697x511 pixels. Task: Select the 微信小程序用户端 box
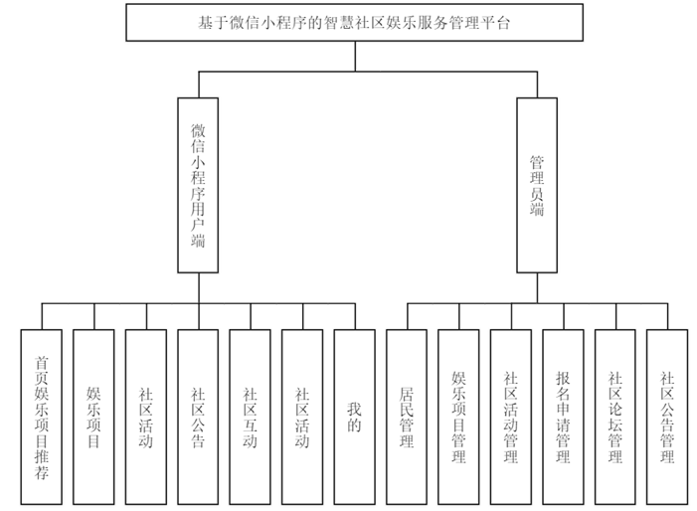(x=198, y=185)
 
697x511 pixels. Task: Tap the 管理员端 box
(x=537, y=185)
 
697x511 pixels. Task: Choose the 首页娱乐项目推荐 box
(x=42, y=417)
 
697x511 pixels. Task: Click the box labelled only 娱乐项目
(x=93, y=417)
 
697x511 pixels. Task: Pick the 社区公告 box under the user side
(x=198, y=417)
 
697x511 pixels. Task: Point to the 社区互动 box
(x=250, y=417)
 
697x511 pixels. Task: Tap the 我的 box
(x=354, y=417)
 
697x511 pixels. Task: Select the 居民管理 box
(x=406, y=417)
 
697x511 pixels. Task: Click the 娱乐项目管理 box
(x=458, y=417)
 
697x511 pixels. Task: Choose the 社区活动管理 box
(x=511, y=417)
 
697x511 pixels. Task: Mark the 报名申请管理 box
(x=563, y=417)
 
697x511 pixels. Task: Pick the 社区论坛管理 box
(x=614, y=417)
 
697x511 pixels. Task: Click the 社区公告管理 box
(x=667, y=417)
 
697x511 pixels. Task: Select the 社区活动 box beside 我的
(x=302, y=417)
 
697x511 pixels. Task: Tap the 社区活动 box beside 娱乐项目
(x=146, y=417)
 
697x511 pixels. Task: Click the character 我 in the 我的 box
(x=354, y=408)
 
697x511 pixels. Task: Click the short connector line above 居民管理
(x=406, y=315)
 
